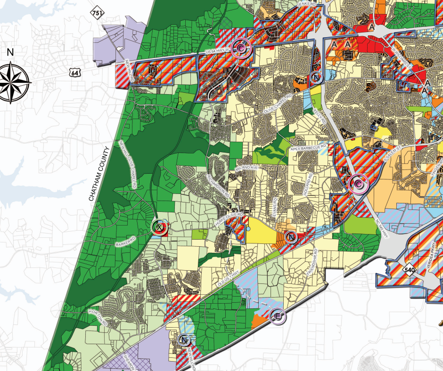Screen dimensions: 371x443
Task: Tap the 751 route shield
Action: (x=98, y=13)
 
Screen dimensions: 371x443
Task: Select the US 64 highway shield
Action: (x=73, y=72)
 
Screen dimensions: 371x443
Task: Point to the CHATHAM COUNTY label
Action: (x=99, y=174)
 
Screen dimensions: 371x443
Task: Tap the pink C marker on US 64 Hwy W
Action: (x=241, y=48)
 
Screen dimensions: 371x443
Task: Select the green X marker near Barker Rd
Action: (x=160, y=228)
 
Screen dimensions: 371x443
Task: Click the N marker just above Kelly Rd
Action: (x=316, y=77)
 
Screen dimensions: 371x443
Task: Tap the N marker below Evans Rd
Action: (x=291, y=237)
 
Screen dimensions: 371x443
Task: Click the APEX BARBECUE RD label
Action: (x=309, y=148)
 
